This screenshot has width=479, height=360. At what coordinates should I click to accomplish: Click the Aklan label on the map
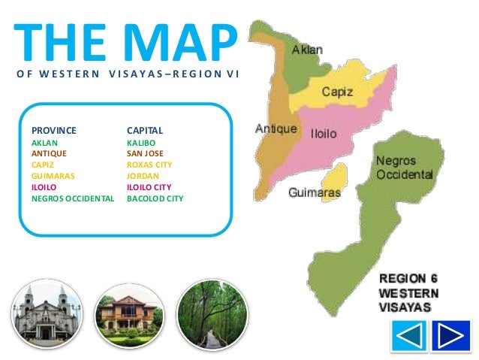click(x=307, y=50)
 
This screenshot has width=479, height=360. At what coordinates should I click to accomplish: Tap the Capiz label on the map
click(x=338, y=92)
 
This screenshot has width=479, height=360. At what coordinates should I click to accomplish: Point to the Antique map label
click(x=276, y=129)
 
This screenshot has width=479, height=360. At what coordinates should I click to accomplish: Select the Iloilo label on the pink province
click(x=324, y=135)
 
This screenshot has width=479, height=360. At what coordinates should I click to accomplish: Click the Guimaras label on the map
click(x=315, y=193)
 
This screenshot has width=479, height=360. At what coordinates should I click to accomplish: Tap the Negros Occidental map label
click(x=404, y=168)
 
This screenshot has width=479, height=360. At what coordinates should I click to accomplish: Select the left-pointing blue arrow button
click(x=408, y=335)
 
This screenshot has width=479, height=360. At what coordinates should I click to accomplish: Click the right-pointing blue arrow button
click(x=451, y=335)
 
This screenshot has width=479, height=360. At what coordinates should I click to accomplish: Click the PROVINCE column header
click(x=54, y=131)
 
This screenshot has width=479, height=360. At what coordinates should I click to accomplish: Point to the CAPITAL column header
click(x=145, y=131)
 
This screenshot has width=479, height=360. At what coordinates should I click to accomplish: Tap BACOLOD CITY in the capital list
click(x=155, y=199)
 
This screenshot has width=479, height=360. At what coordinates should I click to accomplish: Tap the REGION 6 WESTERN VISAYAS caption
click(x=409, y=294)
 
